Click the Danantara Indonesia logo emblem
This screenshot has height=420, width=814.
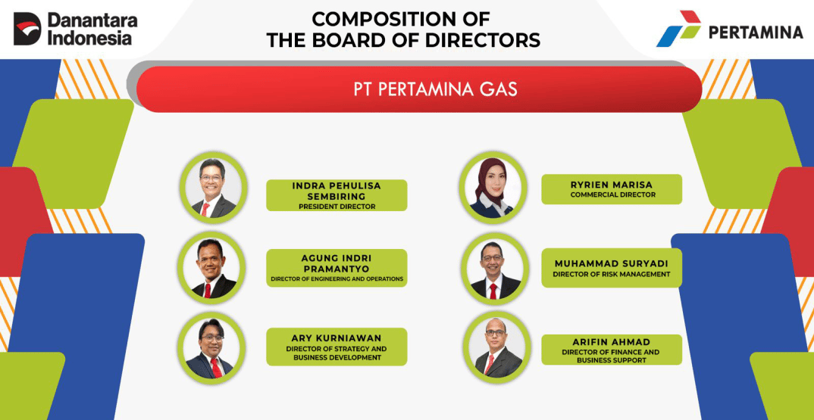(27, 29)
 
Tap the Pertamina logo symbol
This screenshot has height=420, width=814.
(678, 30)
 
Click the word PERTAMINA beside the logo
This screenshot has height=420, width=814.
(755, 32)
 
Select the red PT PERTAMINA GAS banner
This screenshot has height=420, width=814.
(418, 89)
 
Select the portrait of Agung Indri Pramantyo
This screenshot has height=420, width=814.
(212, 267)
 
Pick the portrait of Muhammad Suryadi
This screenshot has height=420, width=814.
(493, 269)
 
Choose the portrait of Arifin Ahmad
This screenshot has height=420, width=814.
(495, 347)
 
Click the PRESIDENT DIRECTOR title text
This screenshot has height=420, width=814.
(337, 206)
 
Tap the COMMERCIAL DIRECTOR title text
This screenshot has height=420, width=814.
(612, 195)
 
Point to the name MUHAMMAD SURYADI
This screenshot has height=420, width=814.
(612, 263)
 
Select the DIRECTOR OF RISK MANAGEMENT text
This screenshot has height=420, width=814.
(612, 274)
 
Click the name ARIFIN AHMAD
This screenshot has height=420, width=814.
(612, 342)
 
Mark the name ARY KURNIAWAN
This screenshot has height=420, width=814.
(337, 338)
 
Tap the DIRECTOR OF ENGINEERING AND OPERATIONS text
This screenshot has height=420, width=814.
(337, 279)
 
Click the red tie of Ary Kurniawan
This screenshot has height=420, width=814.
(215, 367)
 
